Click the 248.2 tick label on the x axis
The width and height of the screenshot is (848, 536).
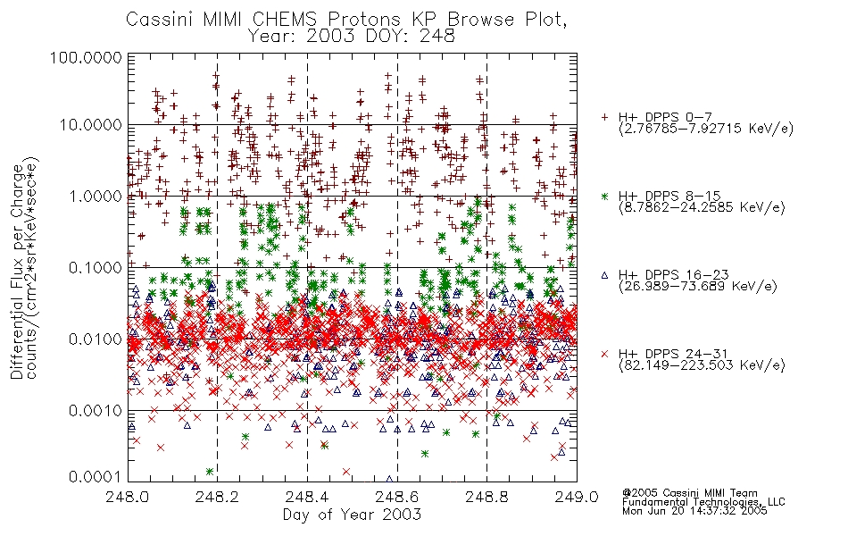coord(217,497)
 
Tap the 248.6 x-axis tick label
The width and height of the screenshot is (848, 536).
coord(397,497)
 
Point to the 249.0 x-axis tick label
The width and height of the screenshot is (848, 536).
coord(577,497)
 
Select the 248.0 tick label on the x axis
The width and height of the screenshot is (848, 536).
coord(127,497)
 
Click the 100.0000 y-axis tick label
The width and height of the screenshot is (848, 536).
coord(86,57)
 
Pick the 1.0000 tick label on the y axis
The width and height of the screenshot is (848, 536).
coord(96,196)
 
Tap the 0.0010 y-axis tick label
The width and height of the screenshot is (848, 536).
coord(96,411)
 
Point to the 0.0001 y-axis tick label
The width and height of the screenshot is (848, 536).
coord(96,477)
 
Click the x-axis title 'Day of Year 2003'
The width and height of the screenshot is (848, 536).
coord(352,515)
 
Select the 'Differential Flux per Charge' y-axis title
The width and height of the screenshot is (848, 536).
coord(17,272)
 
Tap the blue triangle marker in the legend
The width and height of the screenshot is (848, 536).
coord(604,275)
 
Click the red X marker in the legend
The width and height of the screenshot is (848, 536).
coord(604,354)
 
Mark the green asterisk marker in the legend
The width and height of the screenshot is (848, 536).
coord(604,197)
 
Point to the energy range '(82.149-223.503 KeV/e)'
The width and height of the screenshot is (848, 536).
coord(702,365)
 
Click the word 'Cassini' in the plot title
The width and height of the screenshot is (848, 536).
coord(160,20)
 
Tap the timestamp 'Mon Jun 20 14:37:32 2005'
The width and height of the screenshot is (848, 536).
coord(694,511)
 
